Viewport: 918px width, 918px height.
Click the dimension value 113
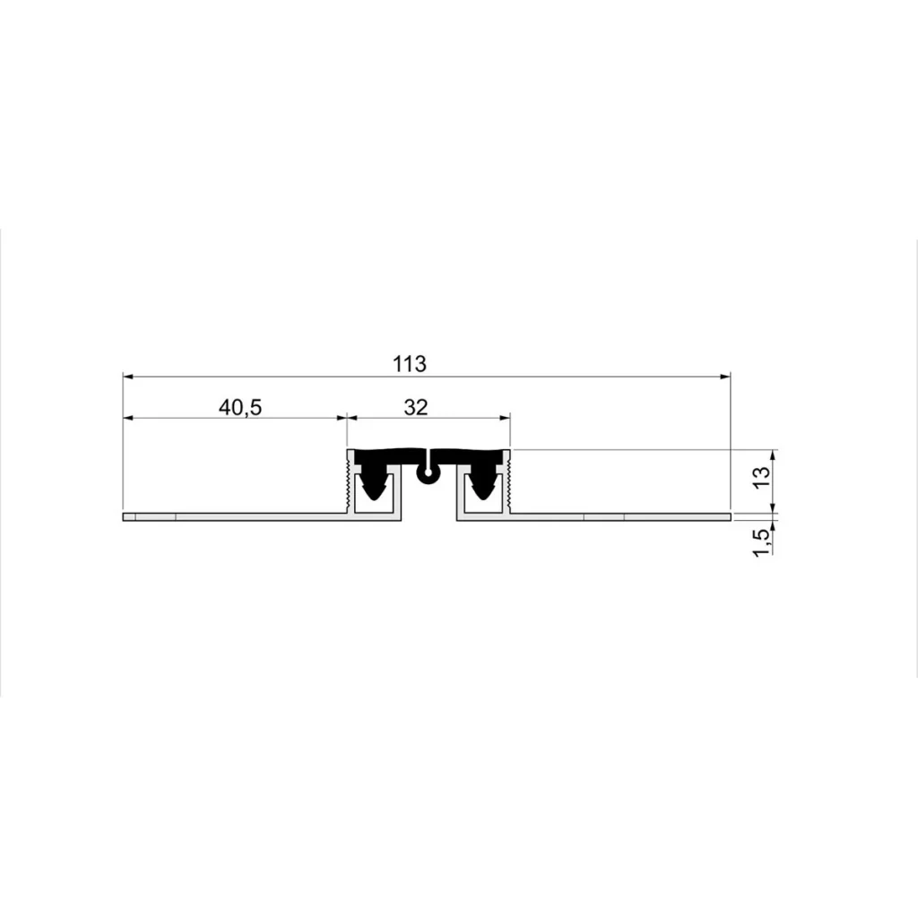[409, 364]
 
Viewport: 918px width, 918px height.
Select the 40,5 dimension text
[240, 407]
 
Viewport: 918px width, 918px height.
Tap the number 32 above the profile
[416, 407]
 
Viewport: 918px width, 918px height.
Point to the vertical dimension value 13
[762, 479]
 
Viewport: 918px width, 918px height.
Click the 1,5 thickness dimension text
[762, 542]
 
